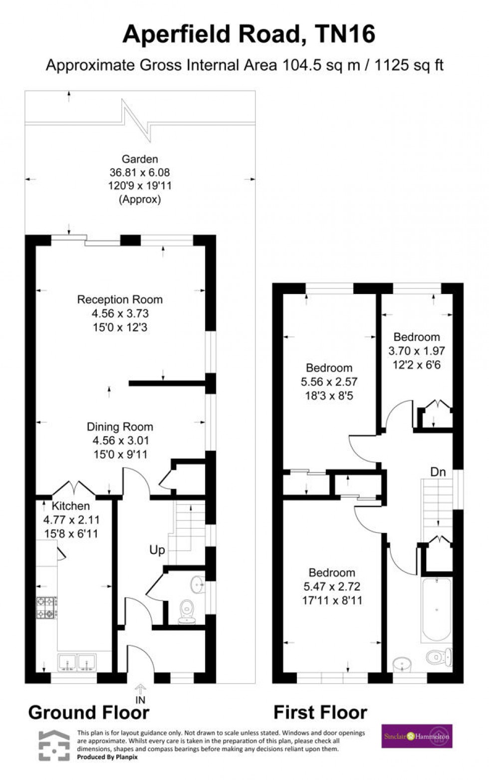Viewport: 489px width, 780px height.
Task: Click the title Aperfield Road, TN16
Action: (248, 35)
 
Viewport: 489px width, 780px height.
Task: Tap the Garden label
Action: (140, 159)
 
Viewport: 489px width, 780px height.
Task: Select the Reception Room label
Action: (120, 299)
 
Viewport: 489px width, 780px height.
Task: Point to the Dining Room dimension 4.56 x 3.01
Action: (120, 441)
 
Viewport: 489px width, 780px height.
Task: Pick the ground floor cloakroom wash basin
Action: (198, 583)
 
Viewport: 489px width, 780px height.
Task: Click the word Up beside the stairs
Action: (157, 550)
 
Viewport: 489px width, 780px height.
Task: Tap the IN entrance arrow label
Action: (141, 699)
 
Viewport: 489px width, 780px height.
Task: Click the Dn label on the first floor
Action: (438, 472)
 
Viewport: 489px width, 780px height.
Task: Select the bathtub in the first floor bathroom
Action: (437, 609)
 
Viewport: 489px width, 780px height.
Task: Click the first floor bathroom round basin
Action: (402, 664)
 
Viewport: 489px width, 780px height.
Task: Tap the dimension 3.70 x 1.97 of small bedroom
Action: (417, 351)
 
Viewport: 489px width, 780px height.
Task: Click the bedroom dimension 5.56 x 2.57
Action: (329, 382)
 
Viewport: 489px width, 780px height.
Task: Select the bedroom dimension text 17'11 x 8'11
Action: (332, 600)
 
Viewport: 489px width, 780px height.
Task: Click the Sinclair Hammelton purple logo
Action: (417, 736)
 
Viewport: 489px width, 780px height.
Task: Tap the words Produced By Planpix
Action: (107, 757)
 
